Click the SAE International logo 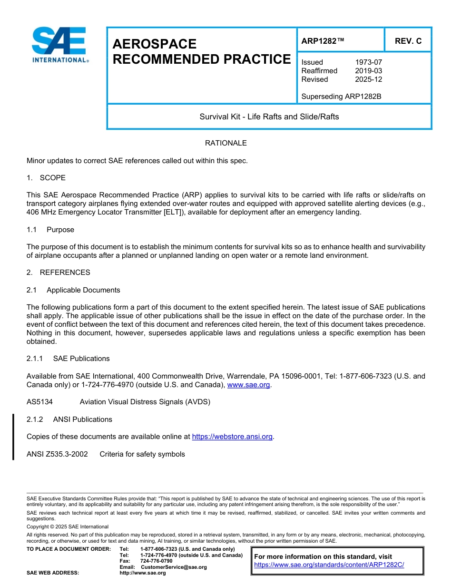point(59,45)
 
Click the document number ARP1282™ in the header point(323,41)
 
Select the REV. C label point(408,41)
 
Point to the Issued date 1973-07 point(368,62)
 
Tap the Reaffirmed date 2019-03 point(368,71)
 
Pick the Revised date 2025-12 point(368,79)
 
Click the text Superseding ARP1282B point(341,97)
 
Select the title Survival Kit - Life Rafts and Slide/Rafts point(269,117)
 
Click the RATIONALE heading point(226,143)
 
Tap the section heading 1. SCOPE point(46,178)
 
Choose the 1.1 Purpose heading point(50,230)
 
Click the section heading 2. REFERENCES point(58,273)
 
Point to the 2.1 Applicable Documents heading point(74,290)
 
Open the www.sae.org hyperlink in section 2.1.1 point(248,385)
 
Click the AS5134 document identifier point(39,402)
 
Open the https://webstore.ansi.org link point(232,437)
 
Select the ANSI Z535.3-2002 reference point(57,454)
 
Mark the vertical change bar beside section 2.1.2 point(13,437)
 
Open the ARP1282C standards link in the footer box point(329,565)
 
